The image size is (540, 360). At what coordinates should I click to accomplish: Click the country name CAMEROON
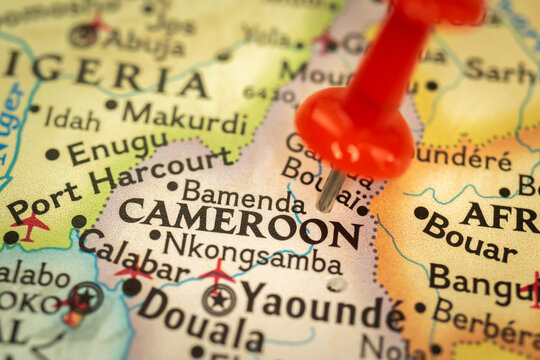(240, 222)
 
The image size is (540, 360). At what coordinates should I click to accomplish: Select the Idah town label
(72, 117)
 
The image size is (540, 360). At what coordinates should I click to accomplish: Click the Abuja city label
(144, 41)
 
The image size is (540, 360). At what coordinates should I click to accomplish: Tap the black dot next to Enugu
(52, 154)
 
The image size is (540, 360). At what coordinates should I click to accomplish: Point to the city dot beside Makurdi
(110, 104)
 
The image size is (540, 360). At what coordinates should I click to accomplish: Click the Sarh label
(500, 70)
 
